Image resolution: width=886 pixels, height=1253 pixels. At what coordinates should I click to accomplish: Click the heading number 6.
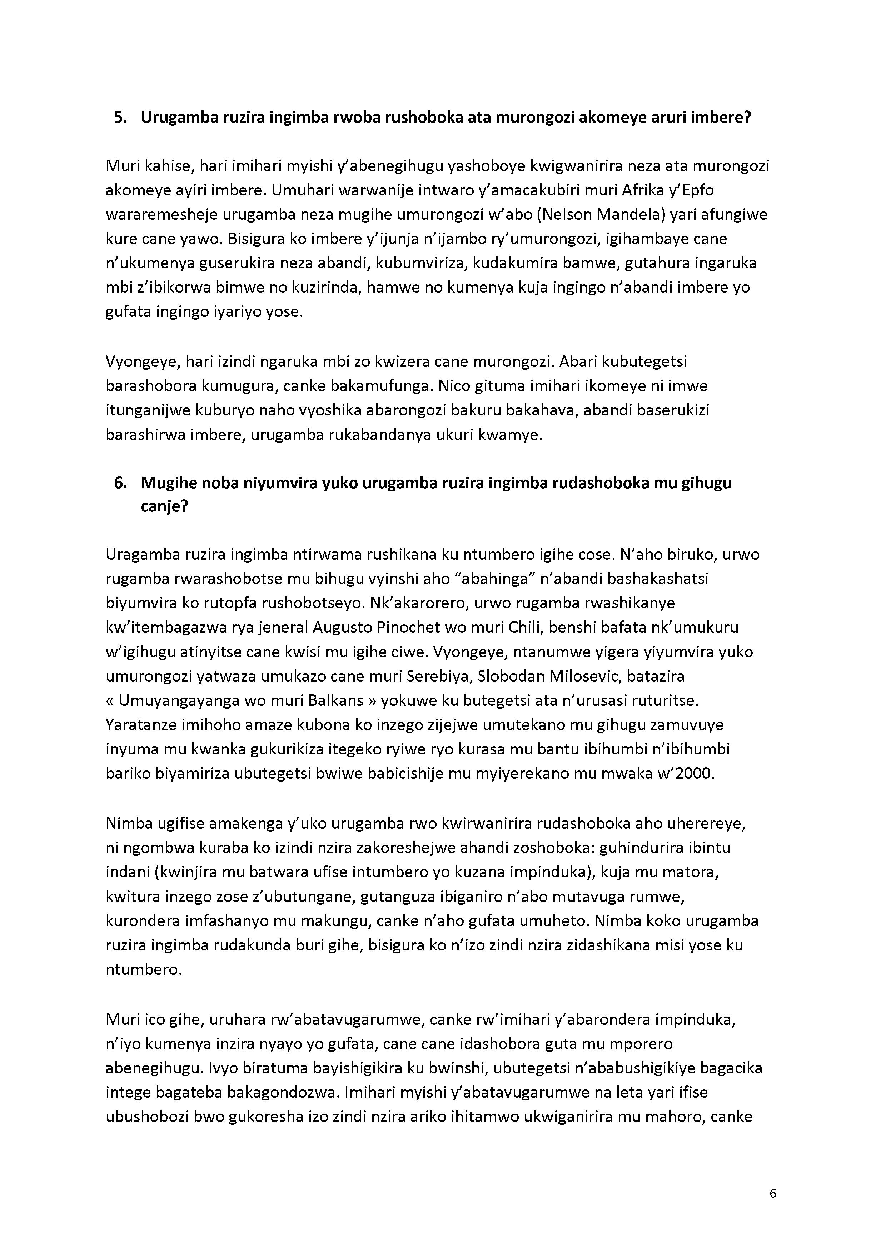(120, 483)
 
